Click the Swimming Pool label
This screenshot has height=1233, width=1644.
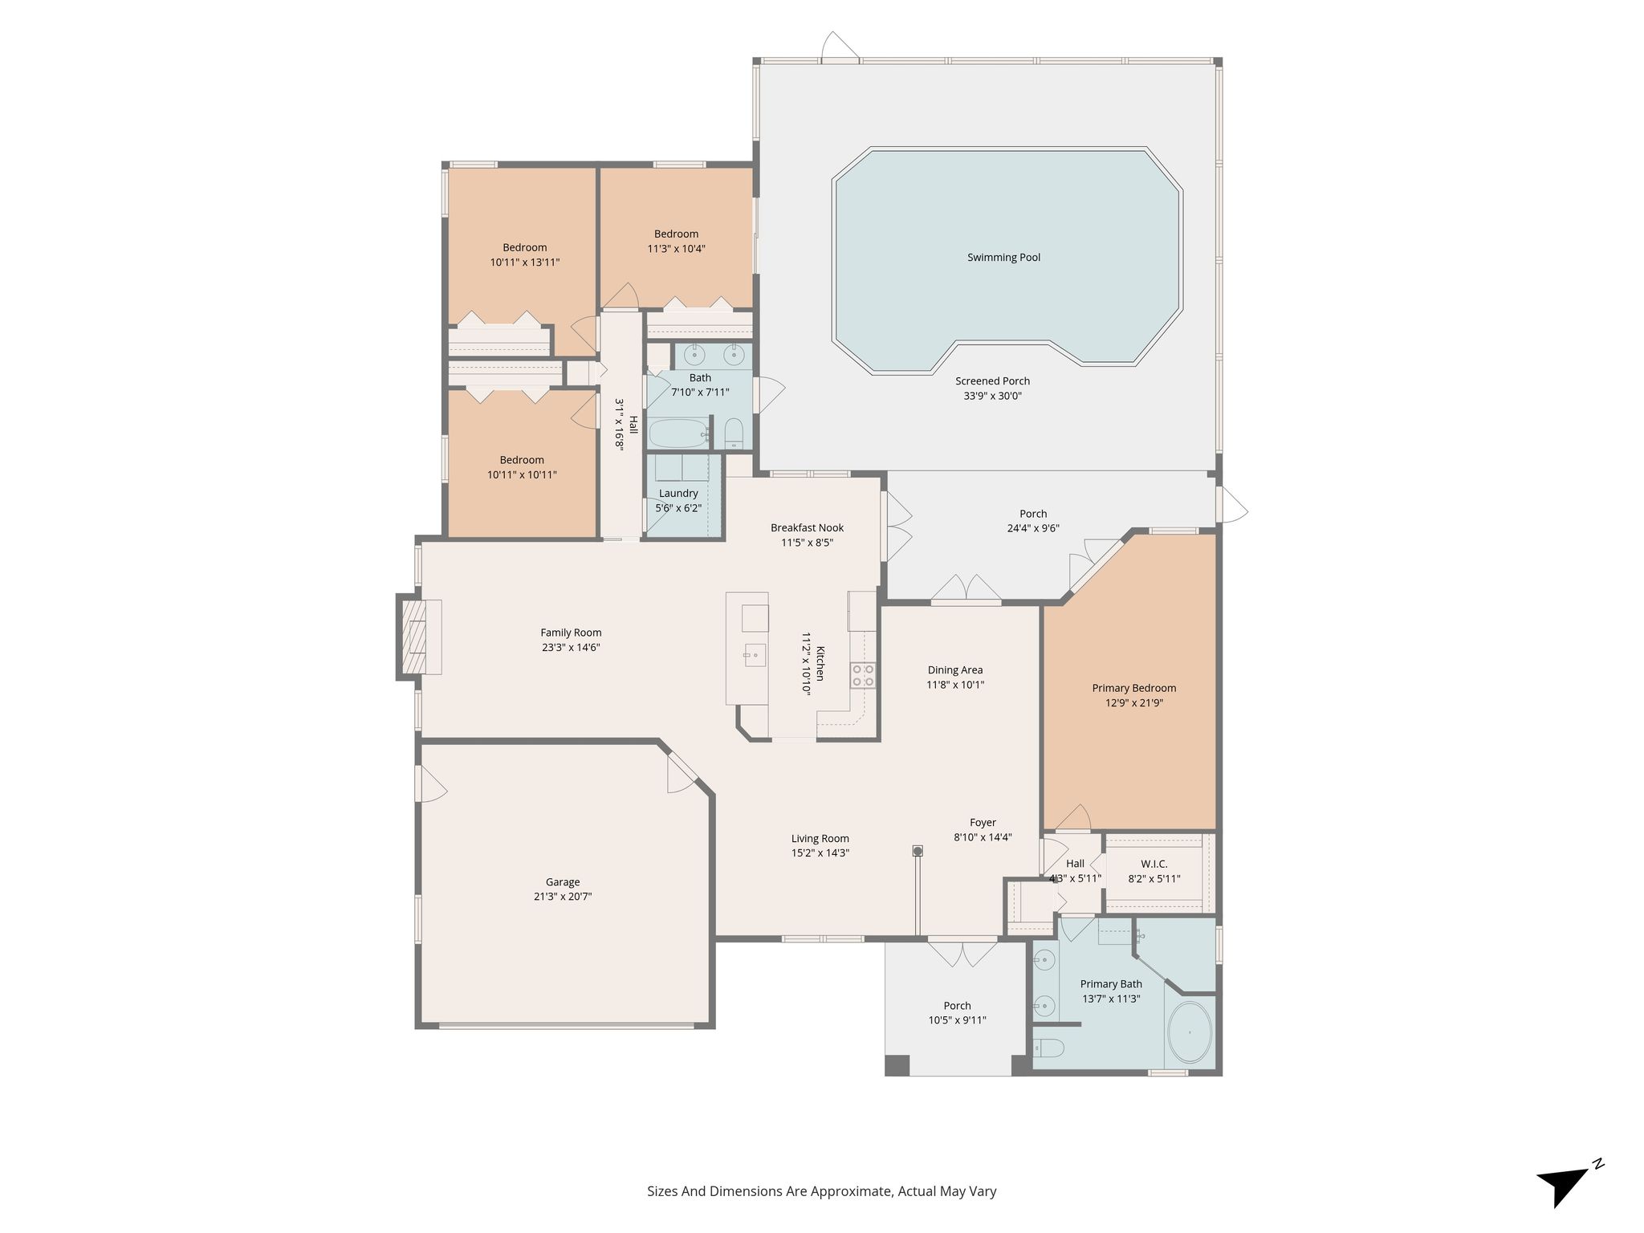click(x=1003, y=258)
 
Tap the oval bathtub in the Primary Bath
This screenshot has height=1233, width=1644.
click(x=1190, y=1032)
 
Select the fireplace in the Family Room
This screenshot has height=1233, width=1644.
click(x=418, y=637)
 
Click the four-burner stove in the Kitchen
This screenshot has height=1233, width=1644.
click(x=863, y=675)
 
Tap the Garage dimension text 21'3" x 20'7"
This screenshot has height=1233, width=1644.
click(x=563, y=897)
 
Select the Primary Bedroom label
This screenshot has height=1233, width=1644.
click(x=1133, y=688)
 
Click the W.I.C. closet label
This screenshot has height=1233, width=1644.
click(x=1154, y=864)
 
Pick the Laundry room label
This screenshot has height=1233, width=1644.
click(x=678, y=494)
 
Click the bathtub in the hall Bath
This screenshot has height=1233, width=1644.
click(x=679, y=433)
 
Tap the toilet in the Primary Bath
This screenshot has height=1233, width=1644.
click(x=1049, y=1048)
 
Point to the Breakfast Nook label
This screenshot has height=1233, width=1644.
click(x=807, y=528)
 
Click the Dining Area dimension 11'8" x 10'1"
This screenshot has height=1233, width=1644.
click(x=955, y=685)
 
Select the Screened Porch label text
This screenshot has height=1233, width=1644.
click(x=992, y=381)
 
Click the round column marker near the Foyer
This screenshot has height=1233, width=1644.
click(x=918, y=850)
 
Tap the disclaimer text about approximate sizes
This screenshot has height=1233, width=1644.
click(x=822, y=1191)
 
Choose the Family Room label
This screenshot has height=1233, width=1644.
click(x=571, y=633)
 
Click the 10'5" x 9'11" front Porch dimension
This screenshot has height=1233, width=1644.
click(x=957, y=1020)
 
